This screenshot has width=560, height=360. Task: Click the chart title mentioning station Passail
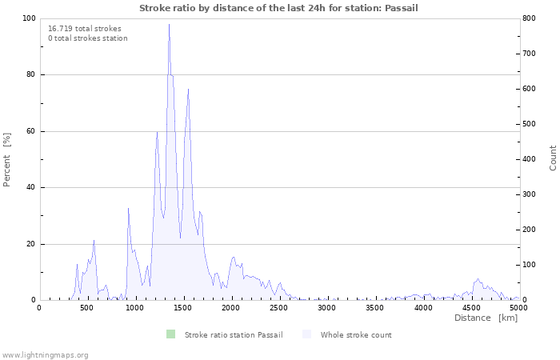[x=278, y=8]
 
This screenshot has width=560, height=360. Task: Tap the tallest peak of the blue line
[x=169, y=24]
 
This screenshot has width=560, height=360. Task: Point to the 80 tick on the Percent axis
[x=30, y=74]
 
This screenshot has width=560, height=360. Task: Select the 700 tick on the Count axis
[x=530, y=54]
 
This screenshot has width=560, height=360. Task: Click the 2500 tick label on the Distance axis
[x=278, y=308]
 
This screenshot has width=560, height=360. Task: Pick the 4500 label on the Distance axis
[x=470, y=308]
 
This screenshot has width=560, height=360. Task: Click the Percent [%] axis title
[x=6, y=159]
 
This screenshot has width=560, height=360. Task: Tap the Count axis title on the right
[x=553, y=158]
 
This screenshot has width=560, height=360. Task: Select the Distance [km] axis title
[x=486, y=318]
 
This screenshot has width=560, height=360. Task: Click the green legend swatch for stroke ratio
[x=170, y=334]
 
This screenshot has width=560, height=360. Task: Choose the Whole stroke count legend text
[x=356, y=335]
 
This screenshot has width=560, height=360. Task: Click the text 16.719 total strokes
[x=85, y=29]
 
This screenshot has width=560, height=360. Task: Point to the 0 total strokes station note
[x=88, y=38]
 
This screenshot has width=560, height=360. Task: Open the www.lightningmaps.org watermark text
[x=45, y=355]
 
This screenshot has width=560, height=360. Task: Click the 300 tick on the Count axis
[x=530, y=194]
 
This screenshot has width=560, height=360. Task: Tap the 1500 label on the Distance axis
[x=183, y=308]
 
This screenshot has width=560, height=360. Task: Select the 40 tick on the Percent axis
[x=30, y=187]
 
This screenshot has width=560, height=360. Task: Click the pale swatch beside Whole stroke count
[x=306, y=334]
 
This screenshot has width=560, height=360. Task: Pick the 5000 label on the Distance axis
[x=518, y=308]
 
